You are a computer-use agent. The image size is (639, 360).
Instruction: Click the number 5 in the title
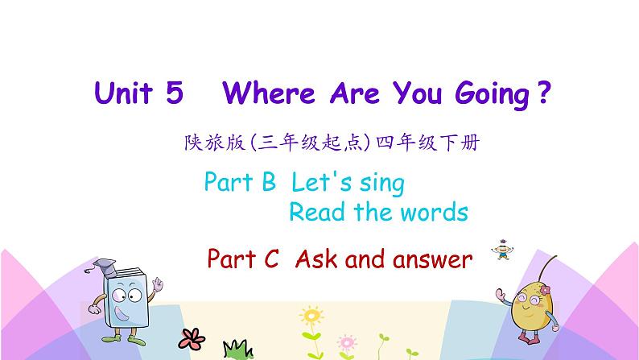(173, 94)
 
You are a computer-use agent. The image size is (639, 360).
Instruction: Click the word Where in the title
(270, 94)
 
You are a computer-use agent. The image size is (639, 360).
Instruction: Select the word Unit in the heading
(124, 94)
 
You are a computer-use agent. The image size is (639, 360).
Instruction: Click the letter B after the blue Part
(268, 183)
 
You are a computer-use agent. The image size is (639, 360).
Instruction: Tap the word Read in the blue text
(314, 213)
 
